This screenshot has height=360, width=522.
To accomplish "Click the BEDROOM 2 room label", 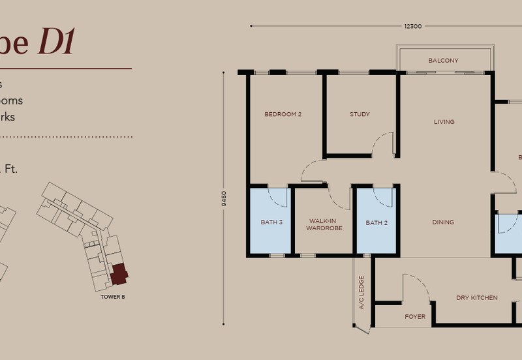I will click(283, 114).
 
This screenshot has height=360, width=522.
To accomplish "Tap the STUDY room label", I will click(360, 114).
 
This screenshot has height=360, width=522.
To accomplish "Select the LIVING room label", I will click(444, 122).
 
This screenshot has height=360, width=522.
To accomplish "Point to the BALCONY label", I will click(443, 61).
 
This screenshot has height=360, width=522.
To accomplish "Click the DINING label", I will click(443, 222).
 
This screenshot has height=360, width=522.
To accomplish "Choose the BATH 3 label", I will click(271, 222).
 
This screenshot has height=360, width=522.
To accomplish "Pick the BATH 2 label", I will click(376, 222).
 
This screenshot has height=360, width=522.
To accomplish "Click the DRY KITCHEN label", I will click(476, 298).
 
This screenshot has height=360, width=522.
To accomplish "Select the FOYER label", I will click(415, 317).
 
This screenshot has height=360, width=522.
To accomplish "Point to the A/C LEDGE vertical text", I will click(361, 292).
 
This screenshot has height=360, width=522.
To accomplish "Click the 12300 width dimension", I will click(413, 26).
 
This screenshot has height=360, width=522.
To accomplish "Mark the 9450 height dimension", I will click(224, 198).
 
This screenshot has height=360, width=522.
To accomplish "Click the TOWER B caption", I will click(113, 297).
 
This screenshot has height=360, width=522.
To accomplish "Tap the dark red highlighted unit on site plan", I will click(119, 274).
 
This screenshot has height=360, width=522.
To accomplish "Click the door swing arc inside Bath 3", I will click(277, 195).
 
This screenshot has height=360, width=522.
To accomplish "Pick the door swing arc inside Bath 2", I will click(383, 196).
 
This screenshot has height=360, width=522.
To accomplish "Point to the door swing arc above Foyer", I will click(415, 287).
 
